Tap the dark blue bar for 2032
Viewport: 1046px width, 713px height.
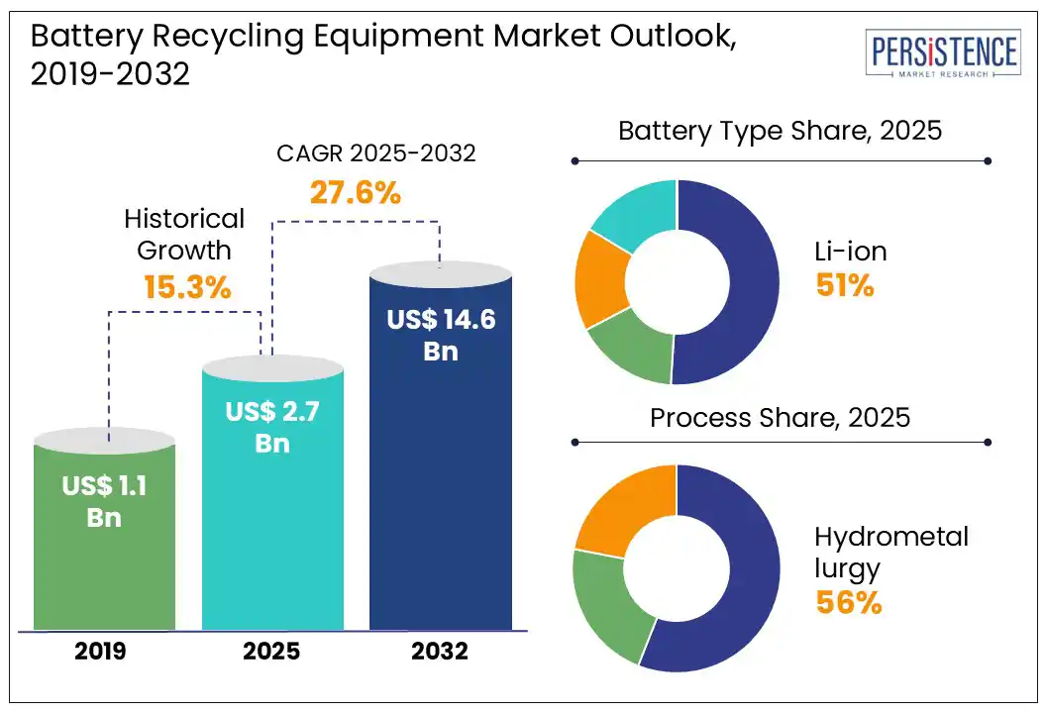point(441,495)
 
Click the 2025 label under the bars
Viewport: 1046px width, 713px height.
point(272,653)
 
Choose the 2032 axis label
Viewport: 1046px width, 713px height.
point(441,653)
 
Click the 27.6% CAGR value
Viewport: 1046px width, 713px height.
point(356,191)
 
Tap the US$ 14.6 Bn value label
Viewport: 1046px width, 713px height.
point(441,334)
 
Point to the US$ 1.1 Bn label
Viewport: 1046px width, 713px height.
point(104,501)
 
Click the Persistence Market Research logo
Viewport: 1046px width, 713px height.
point(942,53)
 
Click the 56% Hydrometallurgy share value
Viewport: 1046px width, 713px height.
point(848,602)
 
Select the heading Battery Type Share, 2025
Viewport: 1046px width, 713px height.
point(780,131)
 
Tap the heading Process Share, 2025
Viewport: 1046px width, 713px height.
point(780,417)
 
